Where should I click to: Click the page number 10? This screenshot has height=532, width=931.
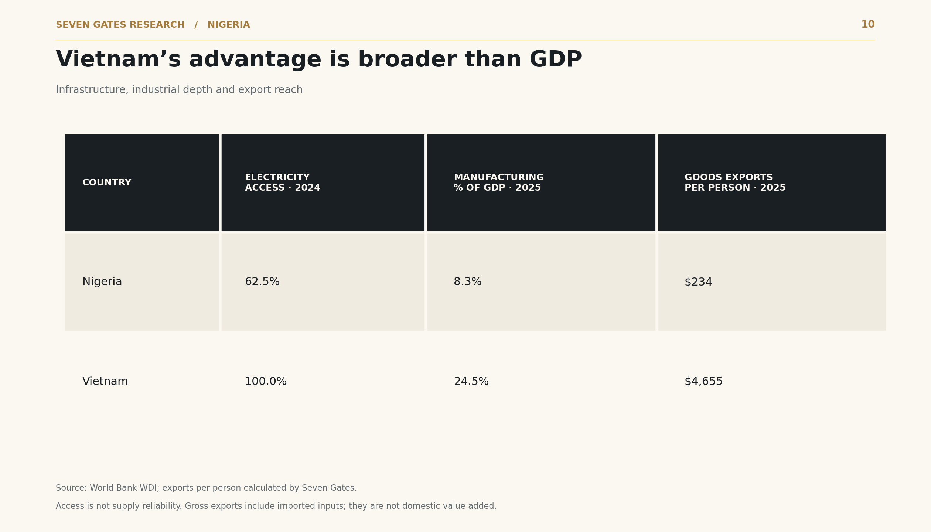point(868,25)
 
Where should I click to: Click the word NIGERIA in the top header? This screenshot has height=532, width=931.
point(229,25)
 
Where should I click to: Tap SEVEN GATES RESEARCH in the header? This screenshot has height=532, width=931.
point(120,25)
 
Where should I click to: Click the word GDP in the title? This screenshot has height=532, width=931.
point(556,60)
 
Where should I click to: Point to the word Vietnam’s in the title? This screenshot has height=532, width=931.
point(118,60)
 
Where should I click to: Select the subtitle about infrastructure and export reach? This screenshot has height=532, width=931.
point(179,90)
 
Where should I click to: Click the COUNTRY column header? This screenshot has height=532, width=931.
point(107,183)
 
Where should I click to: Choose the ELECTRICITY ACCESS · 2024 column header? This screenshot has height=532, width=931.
point(283,183)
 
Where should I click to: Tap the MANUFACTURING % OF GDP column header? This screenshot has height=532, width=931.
point(499,183)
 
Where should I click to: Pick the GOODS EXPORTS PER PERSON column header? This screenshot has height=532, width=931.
point(735,183)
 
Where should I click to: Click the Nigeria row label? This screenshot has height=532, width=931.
point(102,282)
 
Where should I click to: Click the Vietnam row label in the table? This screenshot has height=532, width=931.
point(105,382)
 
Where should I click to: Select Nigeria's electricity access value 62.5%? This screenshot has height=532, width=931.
point(262,282)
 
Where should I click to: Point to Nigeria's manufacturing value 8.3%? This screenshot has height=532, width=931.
point(468,282)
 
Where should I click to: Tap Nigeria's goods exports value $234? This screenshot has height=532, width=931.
point(698,282)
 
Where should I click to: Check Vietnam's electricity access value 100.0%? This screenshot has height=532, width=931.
point(266,382)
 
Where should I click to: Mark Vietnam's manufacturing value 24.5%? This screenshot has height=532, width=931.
point(471,382)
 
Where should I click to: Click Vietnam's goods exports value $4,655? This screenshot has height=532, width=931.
point(703,382)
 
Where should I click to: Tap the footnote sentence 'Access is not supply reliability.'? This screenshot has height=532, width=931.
point(119,506)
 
